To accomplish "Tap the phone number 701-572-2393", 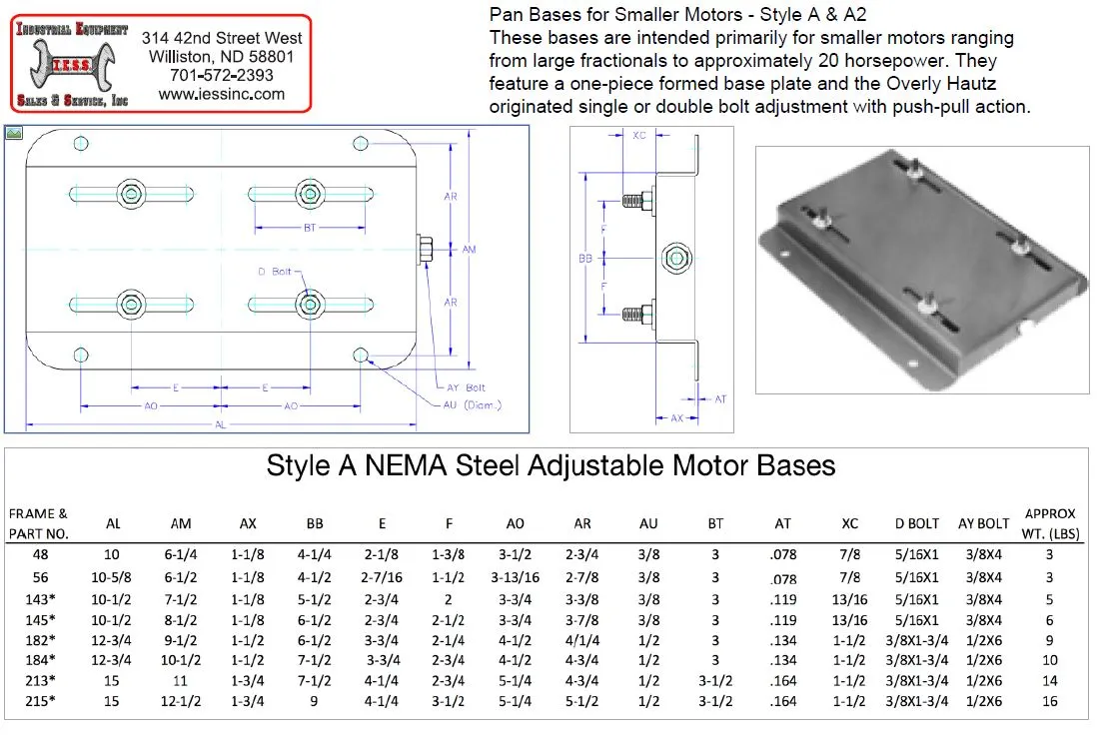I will click(222, 75).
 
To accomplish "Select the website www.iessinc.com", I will click(222, 94).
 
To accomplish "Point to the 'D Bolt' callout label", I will click(274, 272).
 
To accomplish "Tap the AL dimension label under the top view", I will click(220, 424).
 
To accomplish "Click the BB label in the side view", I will click(585, 258).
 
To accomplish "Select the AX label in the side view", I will click(677, 418).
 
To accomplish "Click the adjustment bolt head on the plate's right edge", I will click(423, 250).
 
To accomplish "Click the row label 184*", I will click(39, 660).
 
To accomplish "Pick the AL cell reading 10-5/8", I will click(114, 577).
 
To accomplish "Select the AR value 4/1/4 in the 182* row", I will click(582, 639).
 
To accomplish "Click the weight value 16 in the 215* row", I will click(1049, 701).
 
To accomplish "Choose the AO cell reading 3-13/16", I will click(516, 577).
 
